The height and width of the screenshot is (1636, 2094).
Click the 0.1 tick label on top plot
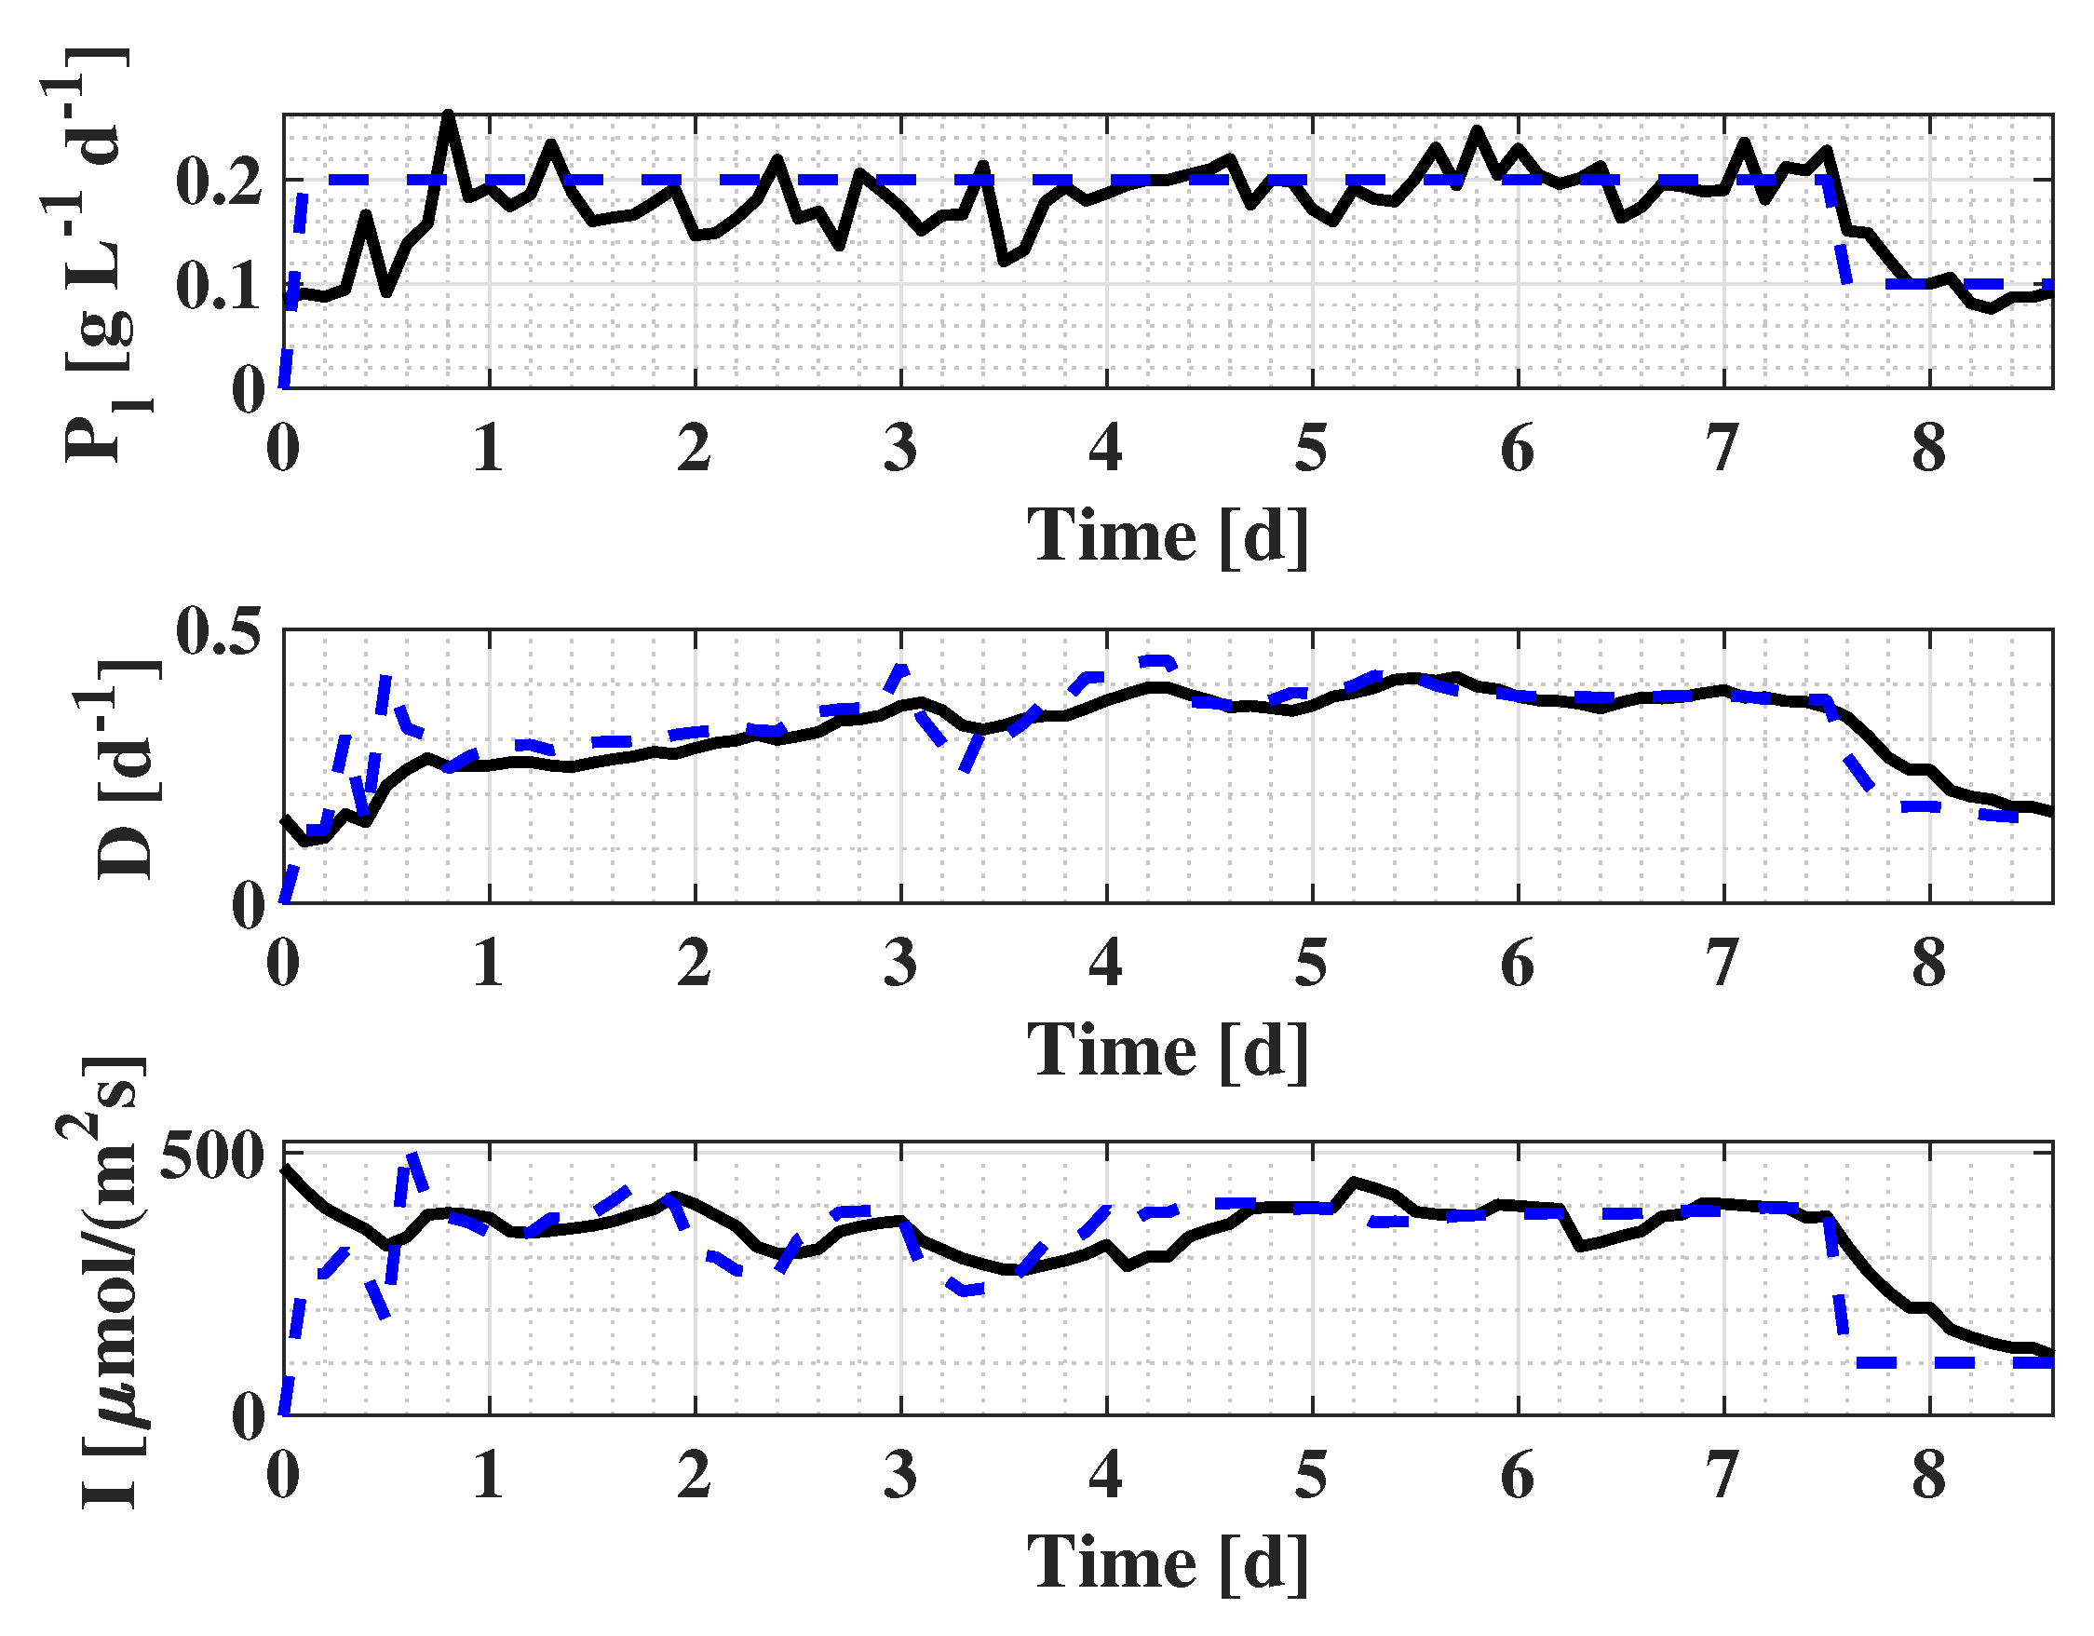[x=220, y=285]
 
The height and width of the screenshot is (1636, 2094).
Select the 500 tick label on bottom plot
[x=211, y=1156]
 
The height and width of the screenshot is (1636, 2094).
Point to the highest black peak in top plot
[x=448, y=115]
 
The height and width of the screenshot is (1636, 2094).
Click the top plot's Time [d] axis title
[x=1167, y=534]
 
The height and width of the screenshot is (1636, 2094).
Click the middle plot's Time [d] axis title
[x=1167, y=1049]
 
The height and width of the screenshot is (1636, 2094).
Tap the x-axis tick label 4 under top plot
[x=1106, y=448]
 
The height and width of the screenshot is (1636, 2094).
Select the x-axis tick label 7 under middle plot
[x=1722, y=963]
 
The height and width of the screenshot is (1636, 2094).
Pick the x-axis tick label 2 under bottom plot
[x=695, y=1475]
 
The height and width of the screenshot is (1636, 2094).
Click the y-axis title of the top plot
[x=96, y=254]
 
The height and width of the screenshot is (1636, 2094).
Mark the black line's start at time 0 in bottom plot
[x=285, y=1168]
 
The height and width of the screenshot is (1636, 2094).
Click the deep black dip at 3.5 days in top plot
[x=1004, y=262]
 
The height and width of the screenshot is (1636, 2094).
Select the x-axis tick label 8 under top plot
[x=1929, y=448]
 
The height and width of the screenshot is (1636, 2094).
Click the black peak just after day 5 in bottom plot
[x=1354, y=1181]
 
